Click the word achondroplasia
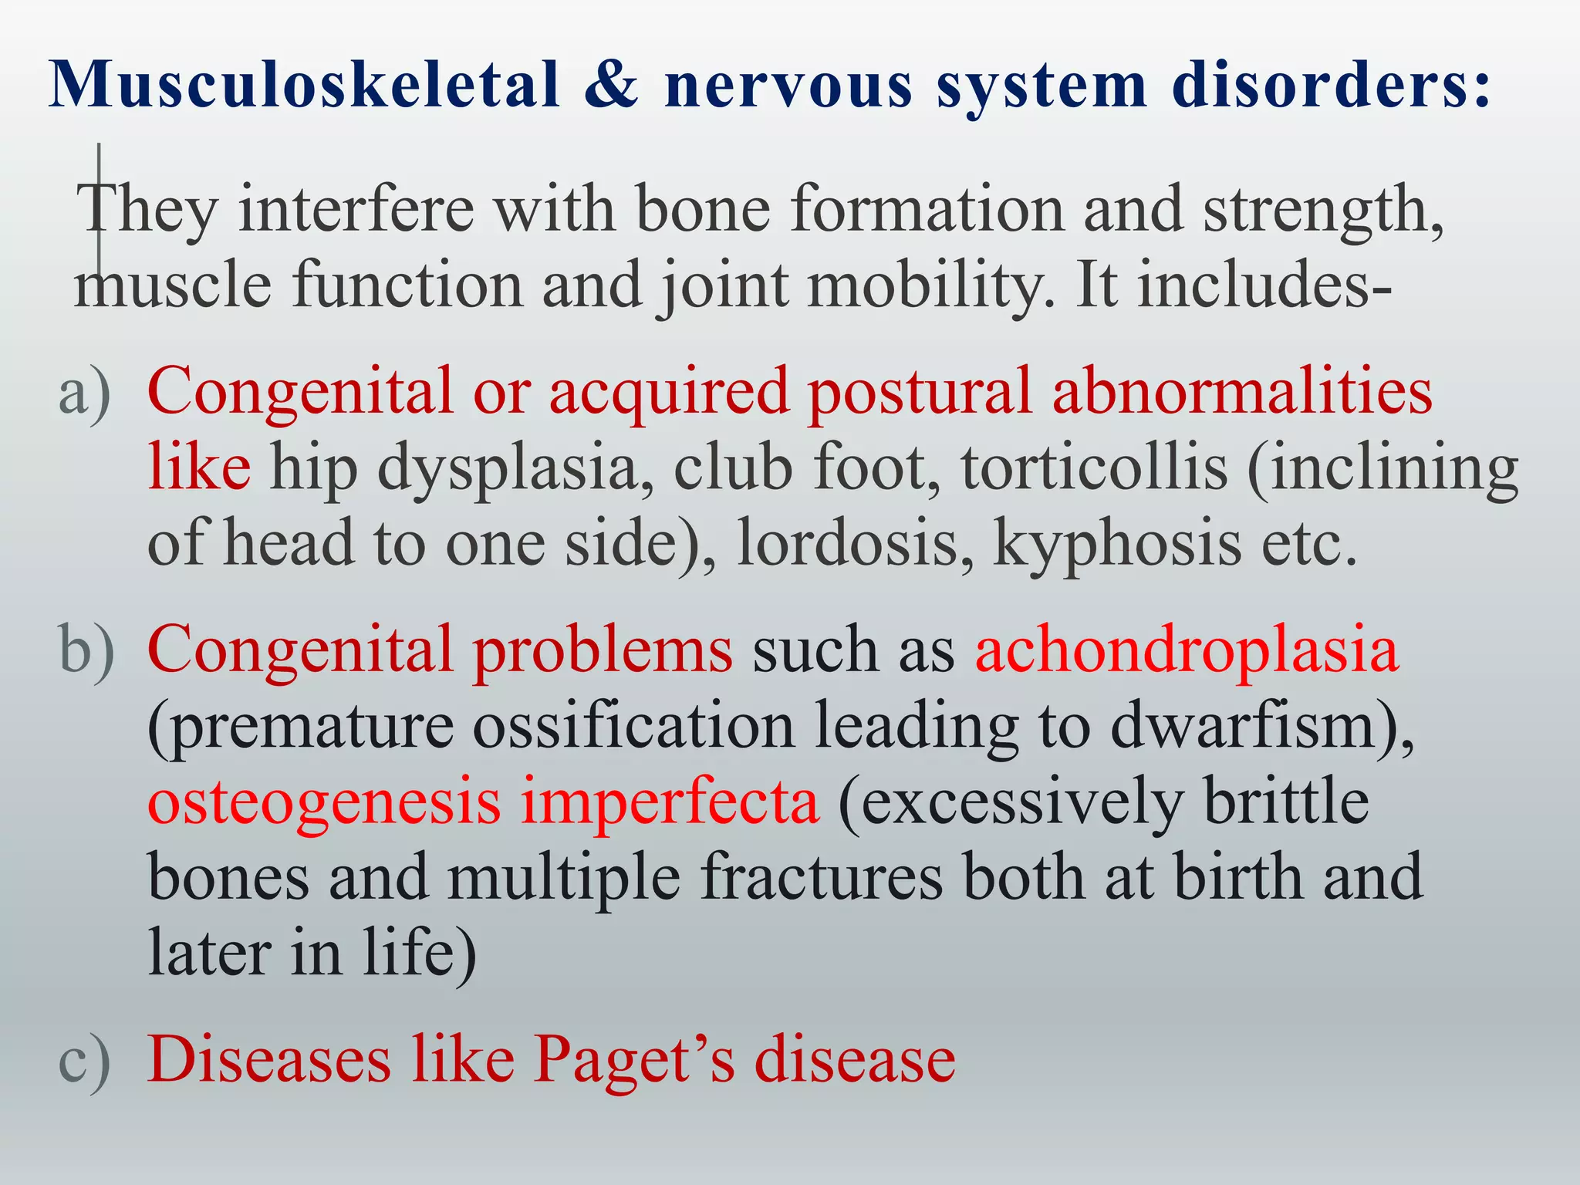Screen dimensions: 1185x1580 [x=1187, y=650]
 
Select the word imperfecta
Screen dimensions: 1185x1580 [x=670, y=802]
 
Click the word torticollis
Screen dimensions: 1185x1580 [x=1094, y=468]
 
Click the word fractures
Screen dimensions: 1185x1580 [x=822, y=878]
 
